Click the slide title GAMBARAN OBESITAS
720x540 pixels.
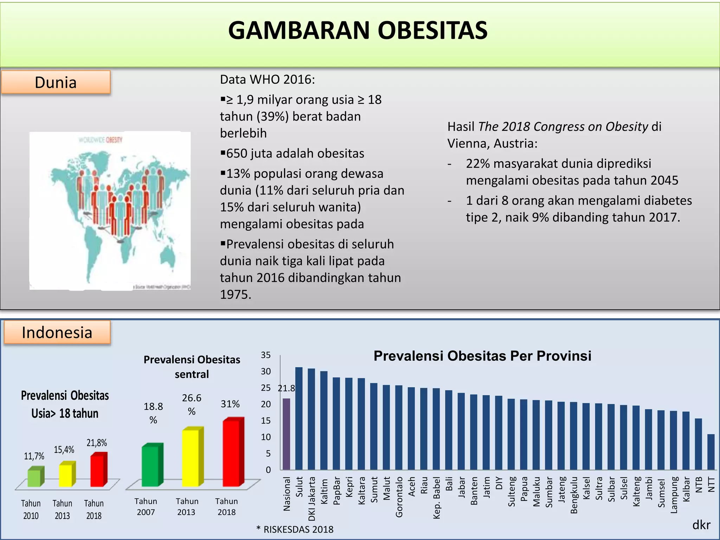click(358, 30)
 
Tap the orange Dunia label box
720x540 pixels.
click(56, 83)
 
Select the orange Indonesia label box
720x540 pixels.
click(57, 333)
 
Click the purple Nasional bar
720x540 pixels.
click(287, 434)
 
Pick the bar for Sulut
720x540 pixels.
click(299, 418)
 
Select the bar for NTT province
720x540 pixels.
click(711, 452)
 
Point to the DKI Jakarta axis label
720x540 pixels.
click(312, 499)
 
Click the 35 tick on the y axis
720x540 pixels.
click(266, 355)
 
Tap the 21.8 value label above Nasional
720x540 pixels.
click(287, 388)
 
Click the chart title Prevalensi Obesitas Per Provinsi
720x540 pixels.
click(482, 356)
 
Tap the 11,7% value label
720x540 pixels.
click(34, 456)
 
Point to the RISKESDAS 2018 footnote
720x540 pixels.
click(295, 529)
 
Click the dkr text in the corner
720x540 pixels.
click(701, 525)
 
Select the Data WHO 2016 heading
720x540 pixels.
click(268, 80)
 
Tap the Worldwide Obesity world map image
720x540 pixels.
click(110, 211)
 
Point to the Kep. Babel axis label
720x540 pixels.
click(437, 497)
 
